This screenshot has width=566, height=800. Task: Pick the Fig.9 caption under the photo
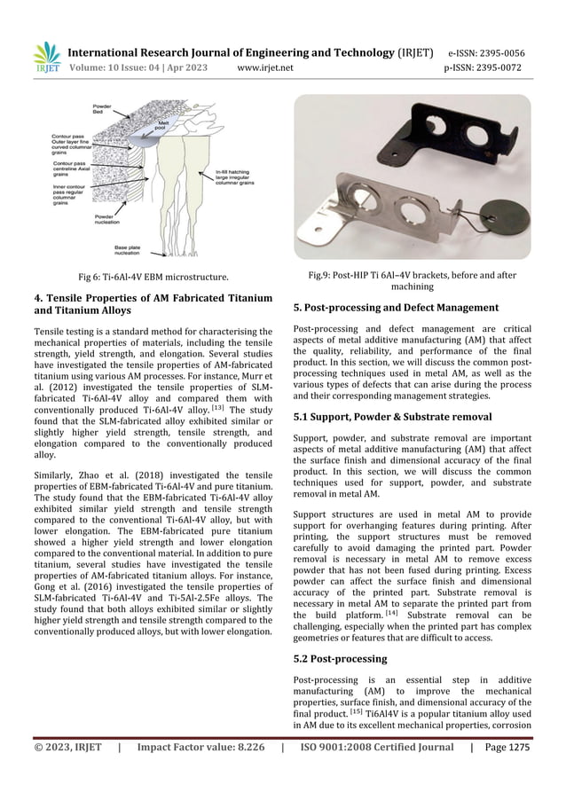pyautogui.click(x=417, y=281)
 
